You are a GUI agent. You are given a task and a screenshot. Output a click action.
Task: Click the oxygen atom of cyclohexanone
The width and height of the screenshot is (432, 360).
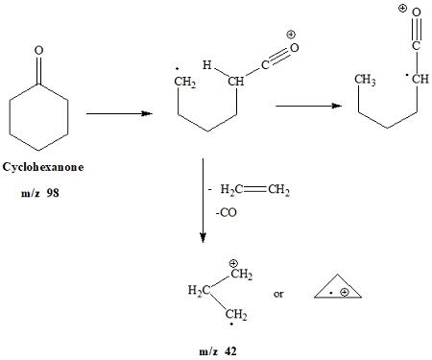pos(36,48)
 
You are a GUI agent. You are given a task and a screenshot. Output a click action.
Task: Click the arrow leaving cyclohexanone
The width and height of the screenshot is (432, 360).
pos(120,113)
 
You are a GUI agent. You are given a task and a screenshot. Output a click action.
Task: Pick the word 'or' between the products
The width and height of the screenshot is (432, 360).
pos(278,295)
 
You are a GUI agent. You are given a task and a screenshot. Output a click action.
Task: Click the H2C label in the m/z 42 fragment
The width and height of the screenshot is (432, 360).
pos(199,289)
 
